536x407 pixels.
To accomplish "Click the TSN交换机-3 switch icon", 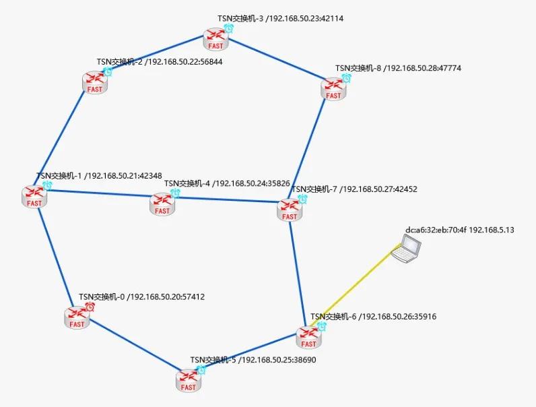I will [216, 39].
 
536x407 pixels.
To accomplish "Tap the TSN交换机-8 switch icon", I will [333, 88].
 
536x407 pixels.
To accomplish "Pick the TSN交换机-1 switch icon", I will [35, 195].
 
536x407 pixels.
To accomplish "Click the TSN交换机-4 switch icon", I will [162, 204].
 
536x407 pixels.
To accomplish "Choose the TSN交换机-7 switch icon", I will [290, 210].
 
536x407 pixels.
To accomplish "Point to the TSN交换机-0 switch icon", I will [77, 317].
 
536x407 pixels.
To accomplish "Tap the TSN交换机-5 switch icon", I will [189, 380].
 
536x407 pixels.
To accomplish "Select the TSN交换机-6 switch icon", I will [308, 336].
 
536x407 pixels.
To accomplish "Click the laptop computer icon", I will [407, 248].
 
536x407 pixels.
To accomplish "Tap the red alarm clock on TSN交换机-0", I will [90, 307].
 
